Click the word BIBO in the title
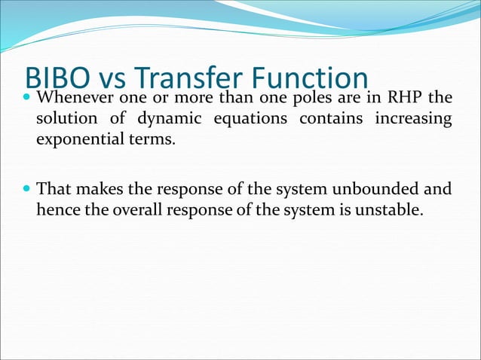tap(58, 78)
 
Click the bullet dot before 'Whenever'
tap(28, 99)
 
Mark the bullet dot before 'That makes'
tap(28, 189)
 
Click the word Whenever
tap(73, 99)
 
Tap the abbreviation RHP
tap(403, 99)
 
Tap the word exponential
tap(78, 140)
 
